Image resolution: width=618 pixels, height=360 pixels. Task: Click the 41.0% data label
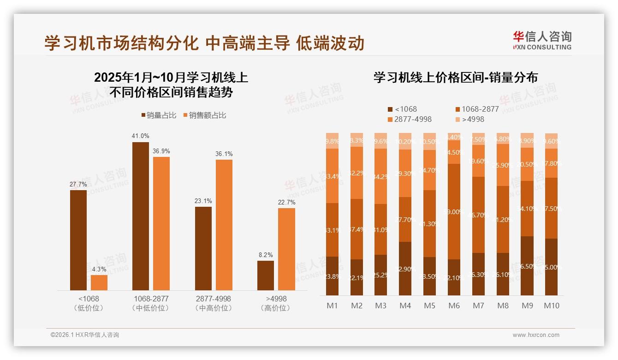pyautogui.click(x=141, y=136)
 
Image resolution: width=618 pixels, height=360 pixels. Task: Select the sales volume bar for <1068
pyautogui.click(x=78, y=240)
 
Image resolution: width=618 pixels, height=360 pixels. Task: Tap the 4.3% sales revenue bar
pyautogui.click(x=99, y=282)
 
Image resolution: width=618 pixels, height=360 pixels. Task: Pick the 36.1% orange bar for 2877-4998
pyautogui.click(x=224, y=225)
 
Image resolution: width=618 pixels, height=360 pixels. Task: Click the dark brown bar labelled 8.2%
pyautogui.click(x=266, y=276)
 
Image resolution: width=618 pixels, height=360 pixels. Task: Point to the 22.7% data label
pyautogui.click(x=286, y=202)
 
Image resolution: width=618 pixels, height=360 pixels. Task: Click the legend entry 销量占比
pyautogui.click(x=159, y=115)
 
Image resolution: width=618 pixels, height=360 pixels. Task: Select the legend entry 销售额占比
pyautogui.click(x=204, y=115)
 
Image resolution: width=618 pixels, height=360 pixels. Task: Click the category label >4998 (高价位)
pyautogui.click(x=276, y=303)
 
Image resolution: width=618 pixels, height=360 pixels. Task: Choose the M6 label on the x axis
pyautogui.click(x=454, y=306)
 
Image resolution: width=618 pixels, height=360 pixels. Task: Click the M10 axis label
pyautogui.click(x=552, y=306)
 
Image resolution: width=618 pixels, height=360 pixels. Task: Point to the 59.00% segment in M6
pyautogui.click(x=454, y=211)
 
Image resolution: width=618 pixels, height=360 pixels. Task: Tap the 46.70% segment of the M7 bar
pyautogui.click(x=479, y=215)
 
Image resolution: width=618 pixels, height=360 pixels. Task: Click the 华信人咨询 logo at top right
pyautogui.click(x=542, y=40)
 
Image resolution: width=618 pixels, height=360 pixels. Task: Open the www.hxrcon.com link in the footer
pyautogui.click(x=536, y=335)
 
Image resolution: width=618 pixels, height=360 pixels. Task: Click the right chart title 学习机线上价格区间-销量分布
pyautogui.click(x=456, y=78)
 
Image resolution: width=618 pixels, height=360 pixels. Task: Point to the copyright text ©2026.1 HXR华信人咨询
pyautogui.click(x=85, y=335)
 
